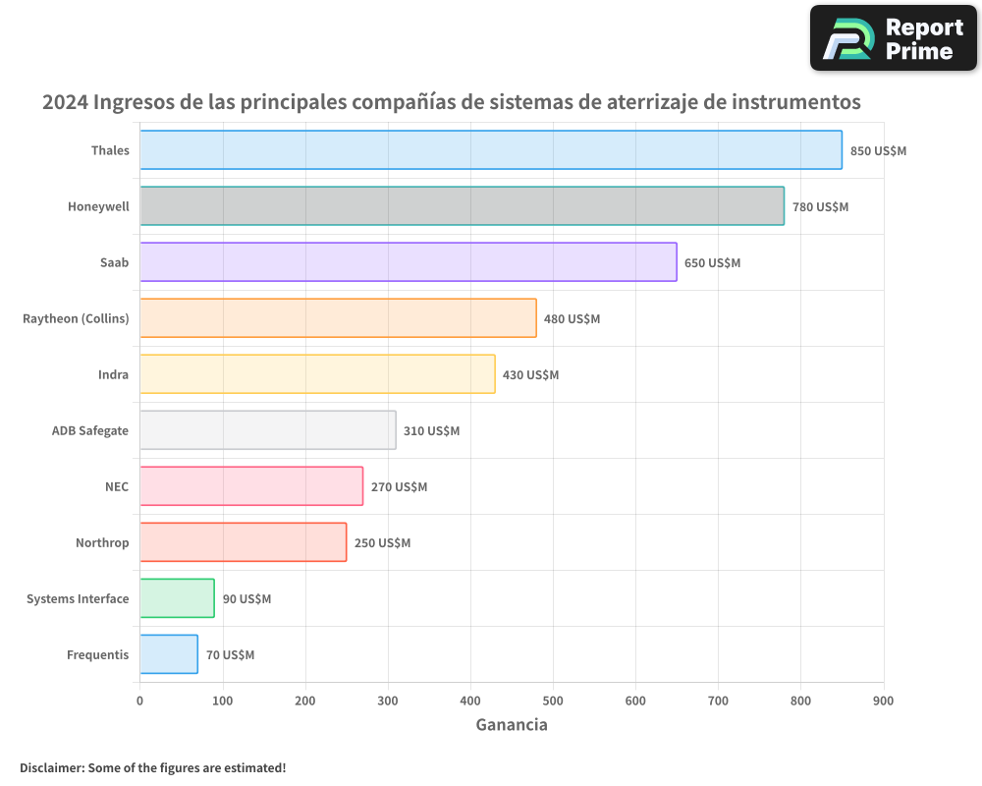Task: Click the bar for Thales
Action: (x=491, y=150)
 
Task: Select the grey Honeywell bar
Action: (x=462, y=206)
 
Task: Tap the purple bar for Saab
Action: (x=409, y=262)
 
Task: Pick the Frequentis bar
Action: (x=169, y=654)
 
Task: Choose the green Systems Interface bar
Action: (x=177, y=598)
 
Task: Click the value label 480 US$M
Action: (x=572, y=319)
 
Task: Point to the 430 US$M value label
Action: (x=530, y=375)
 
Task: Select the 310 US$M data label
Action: (x=431, y=431)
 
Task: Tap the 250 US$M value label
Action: (x=382, y=543)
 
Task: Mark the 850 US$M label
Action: (x=878, y=151)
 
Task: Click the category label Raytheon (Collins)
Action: (x=76, y=318)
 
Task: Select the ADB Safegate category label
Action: (x=90, y=430)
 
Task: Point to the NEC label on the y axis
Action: (x=117, y=486)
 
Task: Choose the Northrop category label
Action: (x=102, y=542)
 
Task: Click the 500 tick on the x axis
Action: (x=553, y=701)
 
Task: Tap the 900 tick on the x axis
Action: (x=883, y=701)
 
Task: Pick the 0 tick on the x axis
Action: (x=139, y=701)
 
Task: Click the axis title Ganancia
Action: (x=512, y=725)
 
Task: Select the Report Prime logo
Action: (x=893, y=38)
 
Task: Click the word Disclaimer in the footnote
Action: (x=51, y=767)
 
